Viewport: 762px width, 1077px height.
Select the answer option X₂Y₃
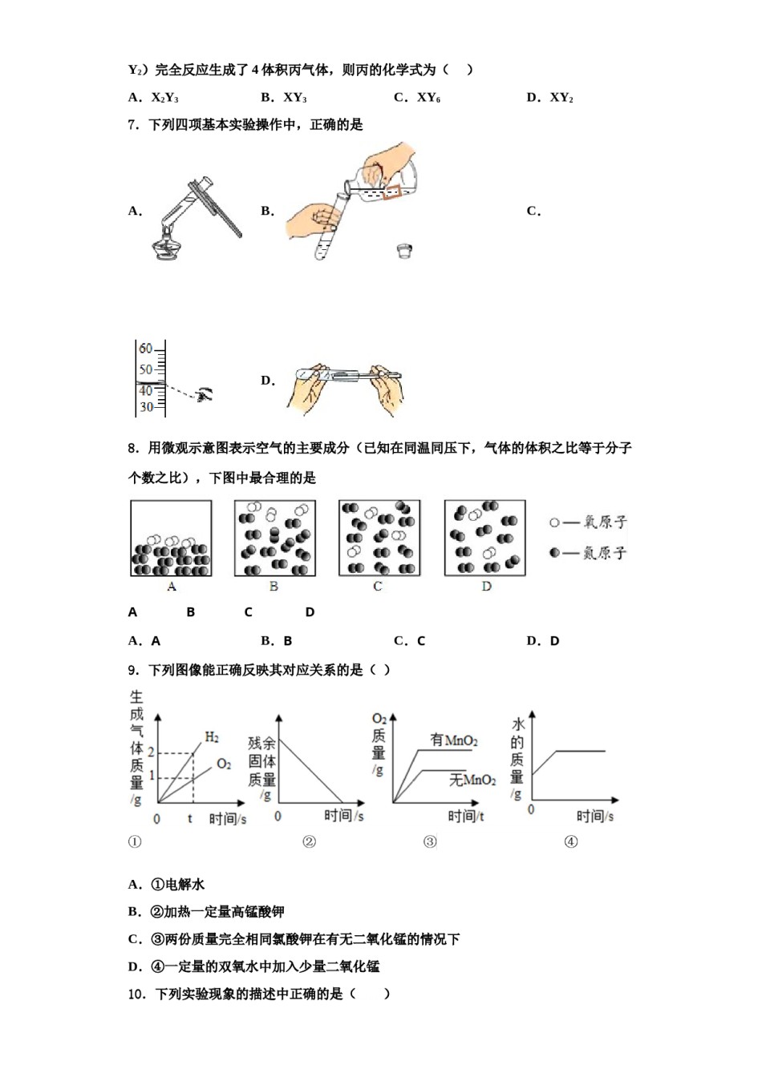tap(164, 98)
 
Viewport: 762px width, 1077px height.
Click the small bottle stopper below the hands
tap(404, 251)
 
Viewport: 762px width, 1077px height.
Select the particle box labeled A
tap(171, 538)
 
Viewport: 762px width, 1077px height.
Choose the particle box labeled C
tap(379, 538)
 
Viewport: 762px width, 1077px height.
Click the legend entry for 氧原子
tap(589, 522)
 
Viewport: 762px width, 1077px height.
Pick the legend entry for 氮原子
tap(589, 553)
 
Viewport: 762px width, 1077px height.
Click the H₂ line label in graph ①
tap(212, 737)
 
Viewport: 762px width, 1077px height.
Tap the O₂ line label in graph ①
tap(224, 764)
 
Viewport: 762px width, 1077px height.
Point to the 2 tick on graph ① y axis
tap(150, 752)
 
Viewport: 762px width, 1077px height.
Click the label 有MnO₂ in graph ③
tap(454, 740)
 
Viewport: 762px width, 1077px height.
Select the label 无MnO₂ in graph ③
tap(472, 779)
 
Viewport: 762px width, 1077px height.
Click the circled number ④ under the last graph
tap(570, 841)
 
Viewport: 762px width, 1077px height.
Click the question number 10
tap(137, 994)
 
